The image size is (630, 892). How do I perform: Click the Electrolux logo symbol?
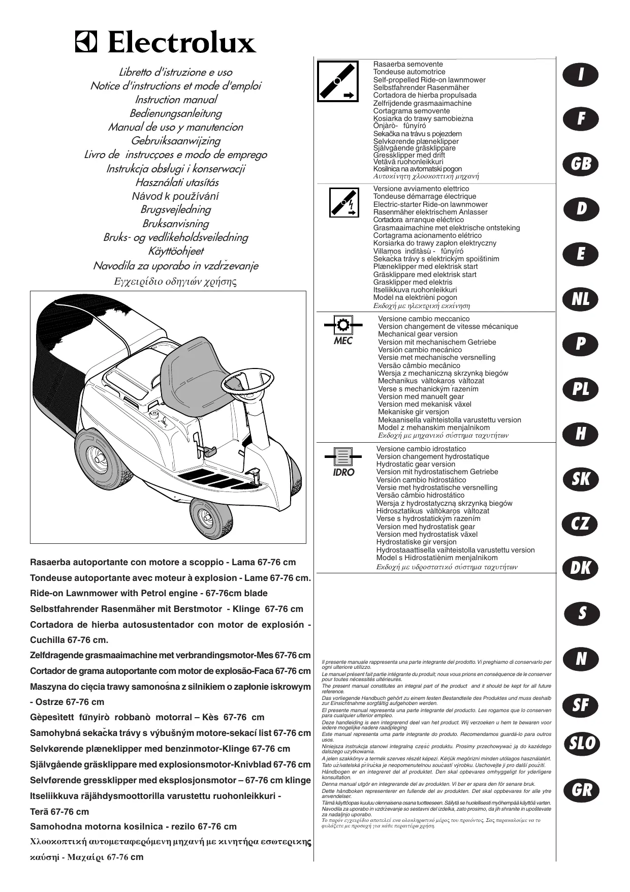point(85,42)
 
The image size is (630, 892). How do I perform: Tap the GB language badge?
point(581,164)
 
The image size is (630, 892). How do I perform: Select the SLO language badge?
point(581,744)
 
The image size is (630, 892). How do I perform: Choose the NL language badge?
point(581,299)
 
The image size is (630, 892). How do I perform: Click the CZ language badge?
point(581,524)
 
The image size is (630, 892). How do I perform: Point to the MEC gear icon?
point(343,324)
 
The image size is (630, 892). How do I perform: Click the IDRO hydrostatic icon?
point(343,455)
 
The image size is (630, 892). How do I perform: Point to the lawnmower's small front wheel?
point(212,518)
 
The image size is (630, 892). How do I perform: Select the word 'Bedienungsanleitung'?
point(176,113)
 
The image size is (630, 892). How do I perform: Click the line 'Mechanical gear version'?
point(418,334)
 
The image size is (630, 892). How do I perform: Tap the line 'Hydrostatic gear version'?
point(416,464)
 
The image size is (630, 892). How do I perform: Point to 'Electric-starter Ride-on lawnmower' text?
point(430,204)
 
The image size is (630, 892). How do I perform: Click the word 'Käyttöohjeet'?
point(176,251)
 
